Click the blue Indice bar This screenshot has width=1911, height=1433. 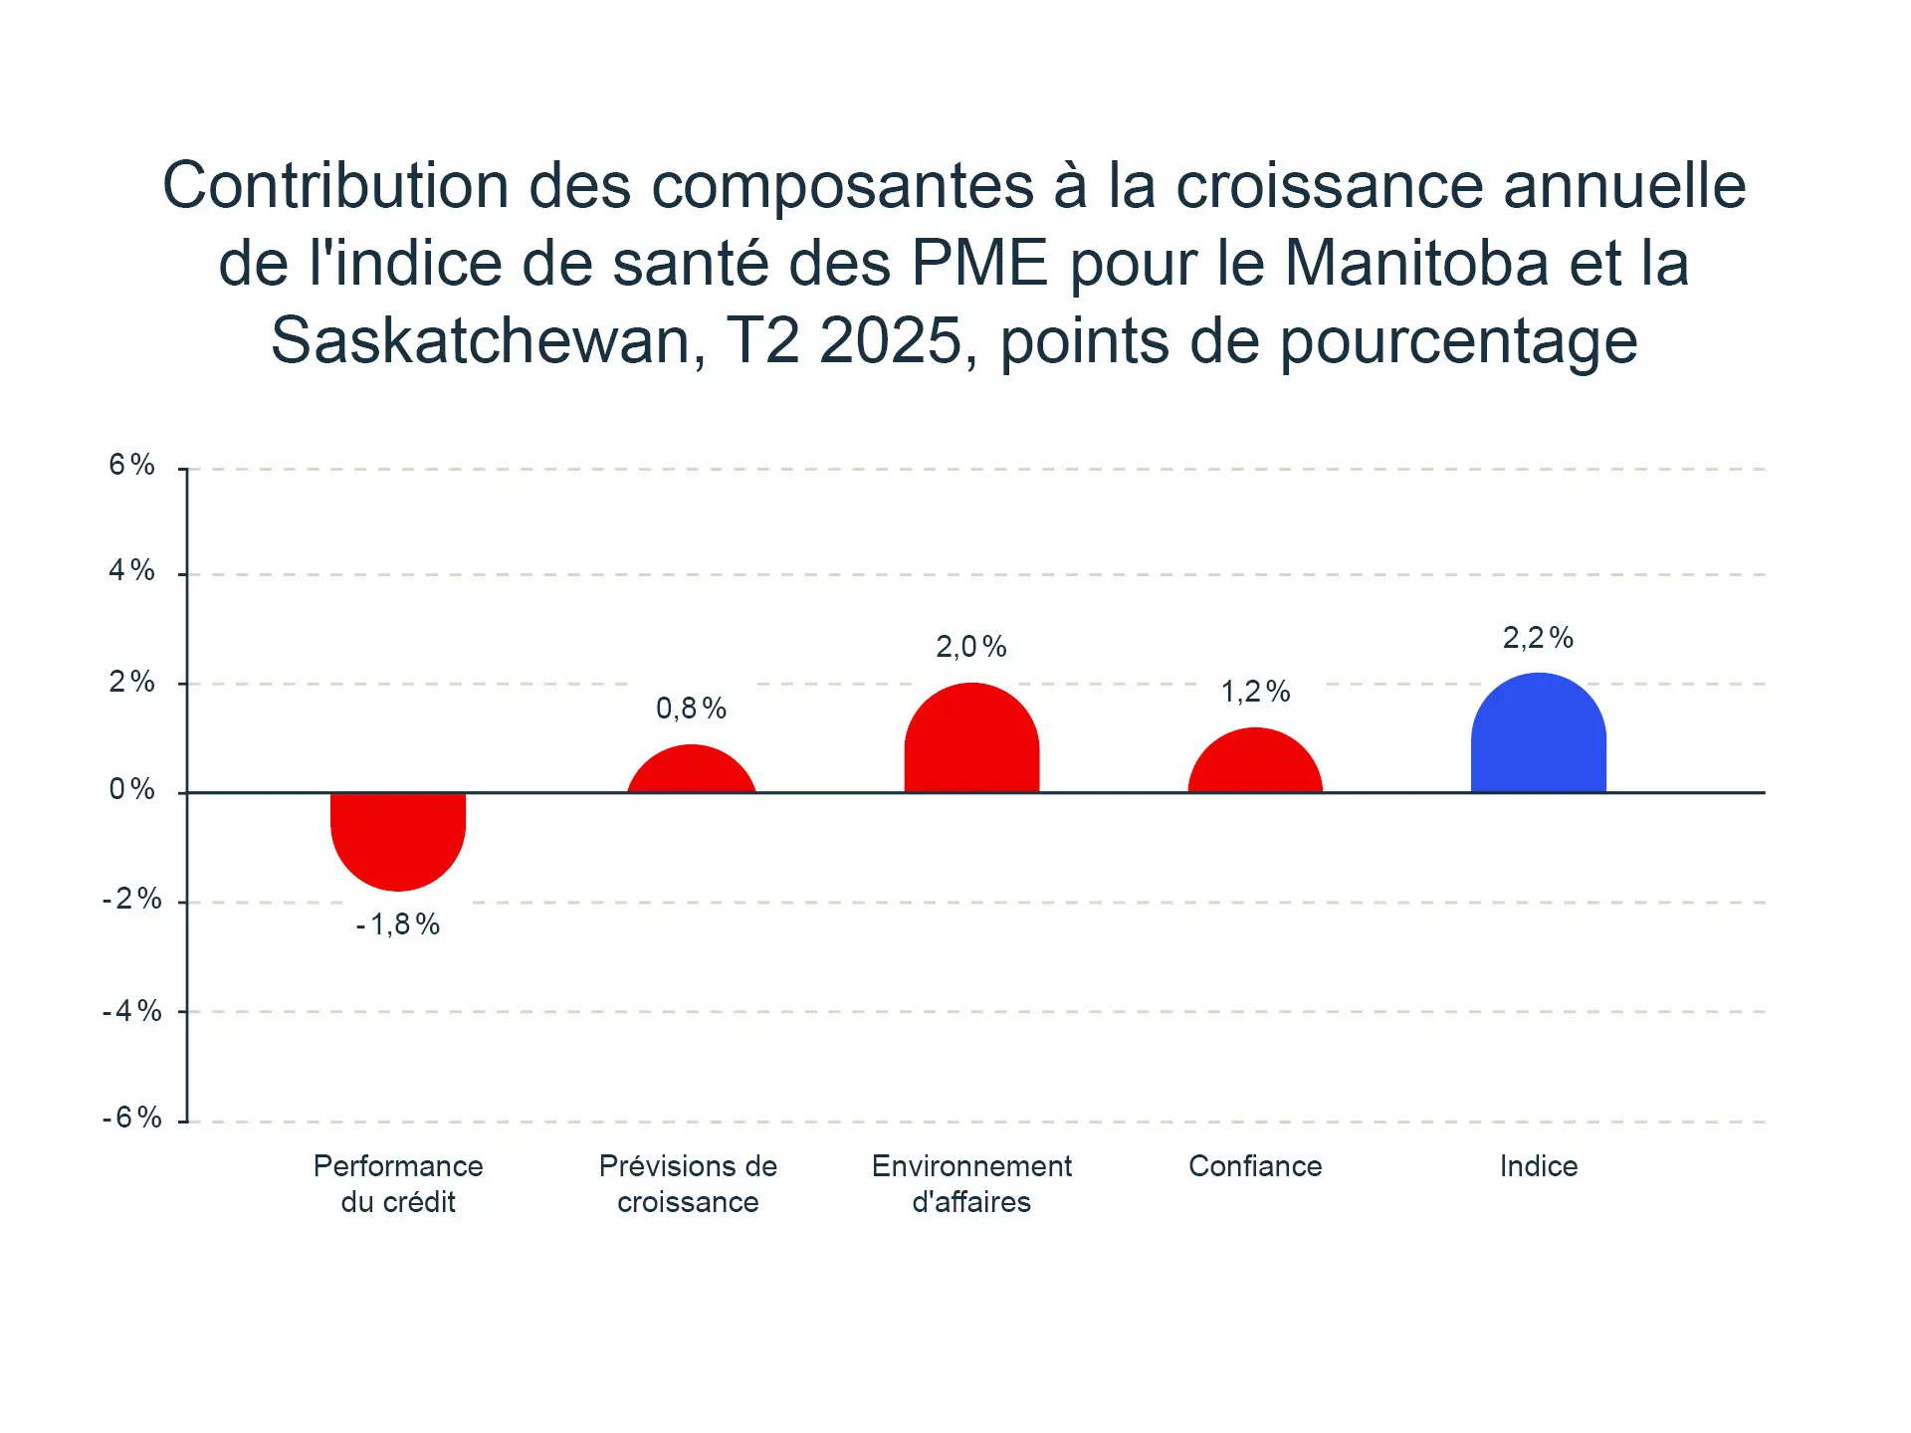point(1538,736)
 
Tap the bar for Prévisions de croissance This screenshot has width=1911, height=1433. point(691,771)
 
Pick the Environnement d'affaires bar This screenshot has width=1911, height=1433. point(971,741)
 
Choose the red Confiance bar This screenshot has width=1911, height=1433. point(1255,763)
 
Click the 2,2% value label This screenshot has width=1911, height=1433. point(1538,638)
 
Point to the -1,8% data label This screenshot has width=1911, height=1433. point(398,924)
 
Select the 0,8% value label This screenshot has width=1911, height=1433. point(691,709)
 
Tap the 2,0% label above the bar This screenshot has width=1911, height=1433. point(971,648)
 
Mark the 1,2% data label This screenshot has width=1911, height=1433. point(1255,692)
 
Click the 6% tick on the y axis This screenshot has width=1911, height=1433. point(132,465)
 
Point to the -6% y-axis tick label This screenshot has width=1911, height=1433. point(132,1118)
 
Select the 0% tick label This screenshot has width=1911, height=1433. point(132,789)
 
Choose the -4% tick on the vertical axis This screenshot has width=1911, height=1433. point(132,1011)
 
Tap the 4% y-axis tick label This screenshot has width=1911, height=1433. point(132,570)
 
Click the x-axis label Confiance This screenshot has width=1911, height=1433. point(1255,1166)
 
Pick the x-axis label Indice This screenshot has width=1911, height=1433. point(1538,1166)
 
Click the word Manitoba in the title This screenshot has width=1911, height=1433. point(1416,264)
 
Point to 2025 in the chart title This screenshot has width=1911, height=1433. point(891,341)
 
